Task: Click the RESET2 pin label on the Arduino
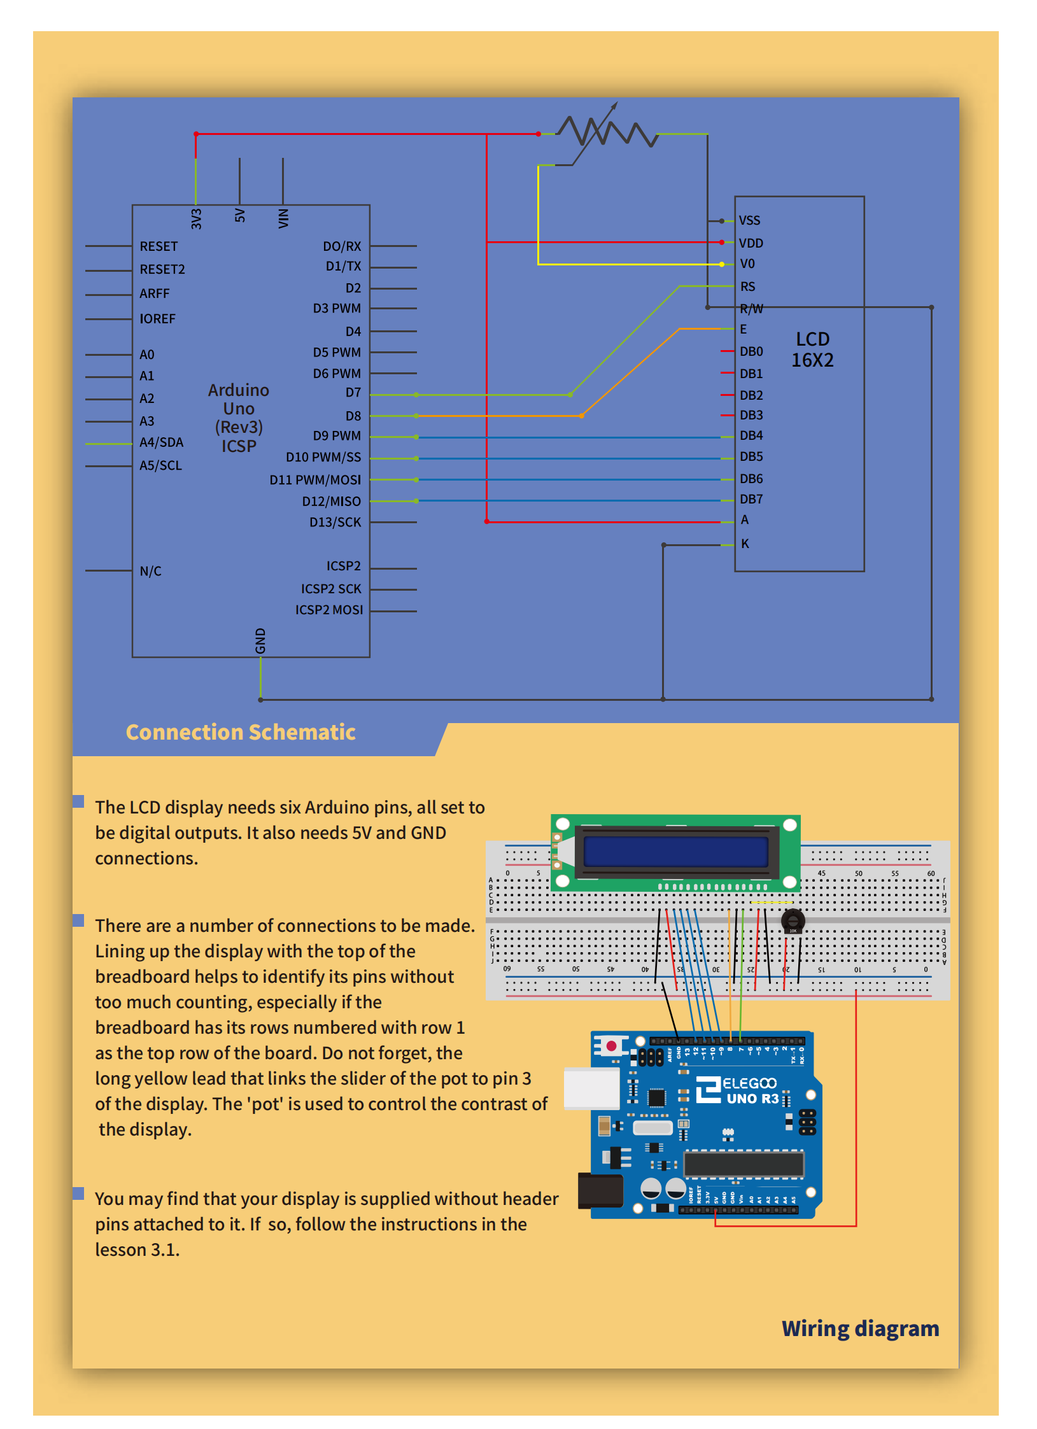click(x=162, y=269)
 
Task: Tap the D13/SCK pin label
click(x=335, y=522)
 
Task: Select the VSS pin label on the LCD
click(x=749, y=221)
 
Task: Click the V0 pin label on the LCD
click(x=747, y=264)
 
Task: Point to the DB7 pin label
click(x=751, y=499)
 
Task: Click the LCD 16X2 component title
click(x=812, y=349)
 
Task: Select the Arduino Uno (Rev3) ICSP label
click(x=239, y=418)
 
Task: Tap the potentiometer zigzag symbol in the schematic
click(x=607, y=132)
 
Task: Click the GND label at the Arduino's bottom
click(x=260, y=640)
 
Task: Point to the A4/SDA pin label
click(x=161, y=442)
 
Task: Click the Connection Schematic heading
click(x=241, y=732)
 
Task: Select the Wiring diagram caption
click(x=860, y=1328)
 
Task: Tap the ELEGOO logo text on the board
click(x=749, y=1083)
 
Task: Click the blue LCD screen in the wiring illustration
click(x=675, y=852)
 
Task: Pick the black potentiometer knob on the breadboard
click(x=793, y=920)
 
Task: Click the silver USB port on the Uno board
click(x=591, y=1088)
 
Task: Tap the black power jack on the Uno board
click(x=600, y=1190)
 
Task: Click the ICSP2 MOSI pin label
click(x=329, y=610)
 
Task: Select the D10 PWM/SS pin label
click(x=323, y=457)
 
